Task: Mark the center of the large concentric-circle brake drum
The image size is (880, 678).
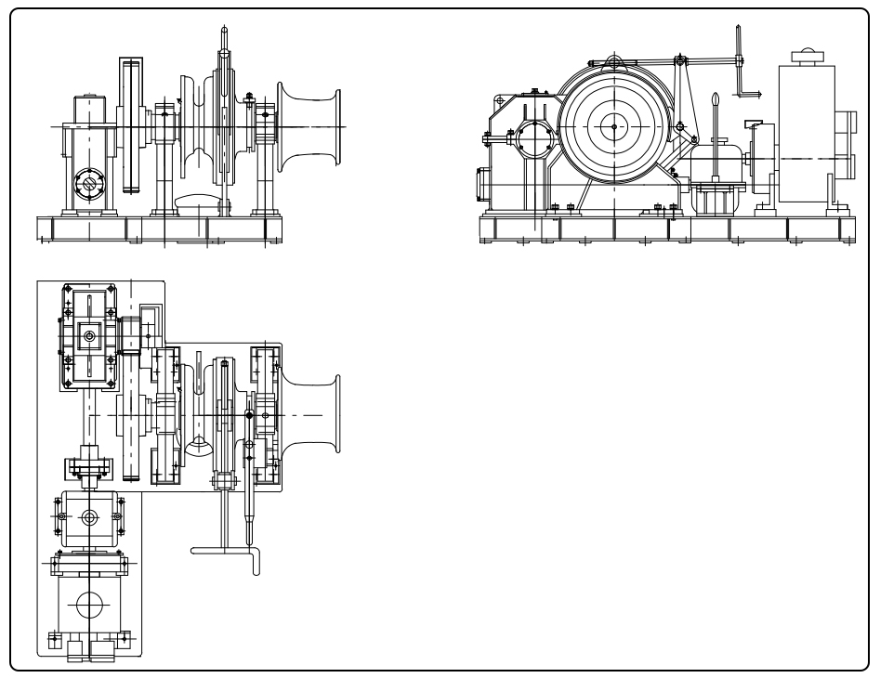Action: (x=613, y=126)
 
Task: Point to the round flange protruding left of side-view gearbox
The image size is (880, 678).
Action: (x=481, y=182)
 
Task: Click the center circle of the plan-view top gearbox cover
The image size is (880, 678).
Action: (x=89, y=337)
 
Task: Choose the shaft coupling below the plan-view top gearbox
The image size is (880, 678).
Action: (x=89, y=464)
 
